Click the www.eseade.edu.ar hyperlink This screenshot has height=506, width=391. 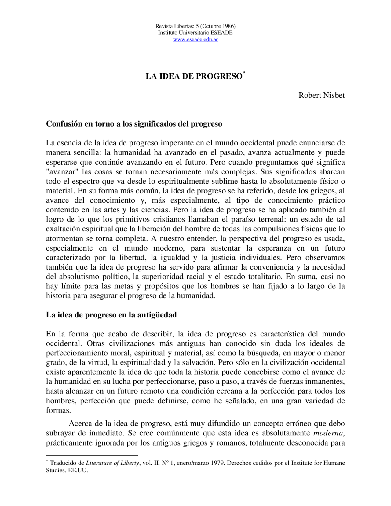pyautogui.click(x=195, y=39)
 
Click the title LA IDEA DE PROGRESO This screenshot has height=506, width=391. pyautogui.click(x=194, y=76)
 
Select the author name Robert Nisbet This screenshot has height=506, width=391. pyautogui.click(x=321, y=95)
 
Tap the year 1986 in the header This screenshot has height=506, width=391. pyautogui.click(x=227, y=26)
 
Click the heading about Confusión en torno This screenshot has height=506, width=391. pyautogui.click(x=134, y=124)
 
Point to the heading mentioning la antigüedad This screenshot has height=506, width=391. pyautogui.click(x=111, y=315)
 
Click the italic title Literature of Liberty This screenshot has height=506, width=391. pyautogui.click(x=112, y=463)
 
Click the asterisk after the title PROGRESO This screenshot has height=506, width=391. pyautogui.click(x=244, y=73)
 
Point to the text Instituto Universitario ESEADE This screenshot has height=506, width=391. pyautogui.click(x=195, y=33)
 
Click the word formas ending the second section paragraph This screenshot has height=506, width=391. pyautogui.click(x=58, y=410)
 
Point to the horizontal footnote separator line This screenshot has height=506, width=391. pyautogui.click(x=92, y=455)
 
